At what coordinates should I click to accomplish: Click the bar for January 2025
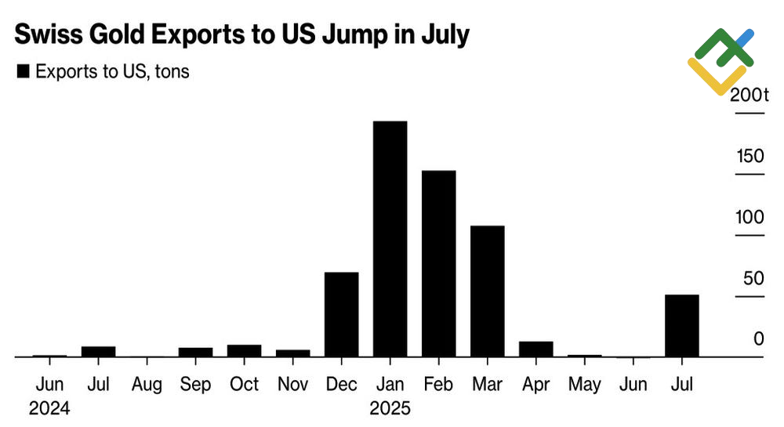pos(390,239)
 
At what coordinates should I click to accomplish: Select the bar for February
pos(438,263)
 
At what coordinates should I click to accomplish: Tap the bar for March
pos(487,291)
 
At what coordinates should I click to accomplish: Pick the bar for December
pos(341,314)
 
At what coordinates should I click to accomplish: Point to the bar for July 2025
pos(681,325)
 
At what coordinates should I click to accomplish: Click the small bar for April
pos(535,349)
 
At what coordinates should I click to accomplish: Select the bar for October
pos(244,350)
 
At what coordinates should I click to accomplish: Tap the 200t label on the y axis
pos(749,96)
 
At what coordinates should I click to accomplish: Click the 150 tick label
pos(750,156)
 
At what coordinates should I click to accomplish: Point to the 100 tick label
pos(750,217)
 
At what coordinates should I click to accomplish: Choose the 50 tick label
pos(753,278)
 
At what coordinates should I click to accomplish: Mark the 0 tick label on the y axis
pos(758,339)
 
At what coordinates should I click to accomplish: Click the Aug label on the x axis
pos(147,385)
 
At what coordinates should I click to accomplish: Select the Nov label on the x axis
pos(292,385)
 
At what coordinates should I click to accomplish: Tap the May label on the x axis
pos(584,385)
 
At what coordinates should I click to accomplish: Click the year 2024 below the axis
pos(49,408)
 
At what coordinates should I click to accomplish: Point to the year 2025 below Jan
pos(390,408)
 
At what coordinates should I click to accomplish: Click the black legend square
pos(23,72)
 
